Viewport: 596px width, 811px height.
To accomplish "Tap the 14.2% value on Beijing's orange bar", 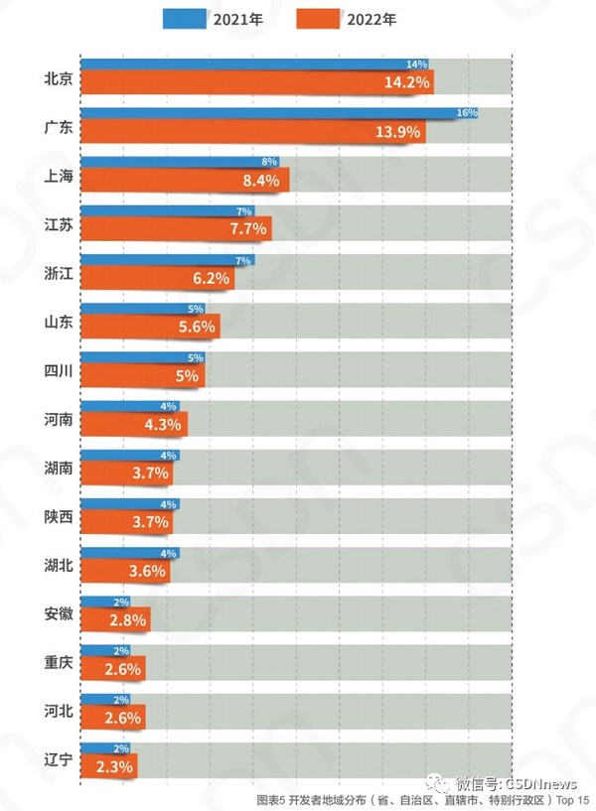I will click(x=406, y=82).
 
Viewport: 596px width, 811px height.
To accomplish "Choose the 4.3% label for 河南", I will click(x=163, y=424).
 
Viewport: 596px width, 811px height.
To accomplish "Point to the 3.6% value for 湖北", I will click(x=148, y=571).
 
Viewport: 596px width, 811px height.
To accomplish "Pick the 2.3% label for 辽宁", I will click(x=113, y=765).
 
